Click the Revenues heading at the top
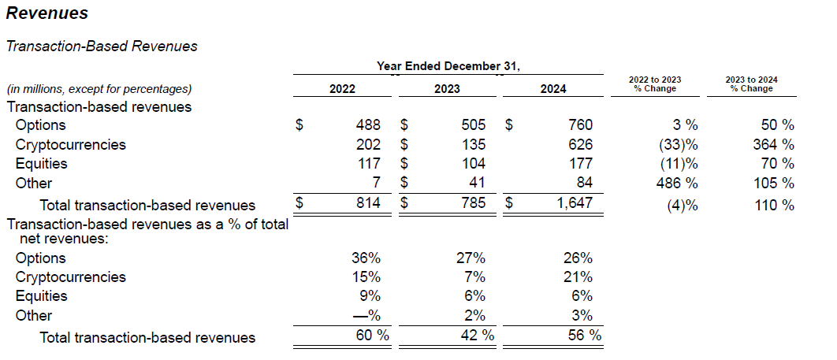pyautogui.click(x=47, y=13)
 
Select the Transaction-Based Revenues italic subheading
pyautogui.click(x=102, y=46)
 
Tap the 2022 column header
pyautogui.click(x=342, y=88)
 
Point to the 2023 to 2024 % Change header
pyautogui.click(x=752, y=84)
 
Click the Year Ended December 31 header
pyautogui.click(x=448, y=66)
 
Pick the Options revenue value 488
pyautogui.click(x=368, y=124)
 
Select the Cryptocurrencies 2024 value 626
pyautogui.click(x=580, y=144)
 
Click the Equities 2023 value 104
pyautogui.click(x=474, y=163)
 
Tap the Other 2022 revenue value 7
pyautogui.click(x=376, y=183)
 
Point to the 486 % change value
pyautogui.click(x=676, y=183)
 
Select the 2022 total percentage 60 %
pyautogui.click(x=373, y=336)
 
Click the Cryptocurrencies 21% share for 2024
pyautogui.click(x=578, y=276)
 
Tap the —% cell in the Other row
pyautogui.click(x=366, y=315)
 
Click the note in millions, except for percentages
pyautogui.click(x=99, y=89)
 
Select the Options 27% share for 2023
pyautogui.click(x=471, y=258)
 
